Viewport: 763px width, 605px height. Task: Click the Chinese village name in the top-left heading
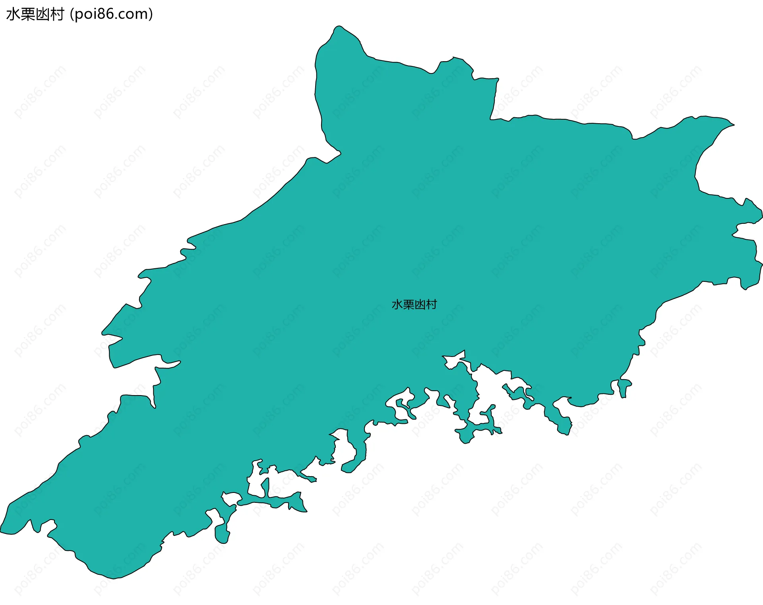click(x=35, y=14)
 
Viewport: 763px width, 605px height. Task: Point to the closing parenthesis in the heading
click(x=150, y=14)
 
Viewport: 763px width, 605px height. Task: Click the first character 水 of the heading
click(x=13, y=14)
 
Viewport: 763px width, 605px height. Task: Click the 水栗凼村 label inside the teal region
click(x=414, y=304)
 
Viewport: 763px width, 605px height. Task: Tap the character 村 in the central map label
click(x=431, y=304)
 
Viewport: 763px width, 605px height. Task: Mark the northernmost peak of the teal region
click(x=338, y=27)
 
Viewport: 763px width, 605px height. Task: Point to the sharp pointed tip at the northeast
click(x=733, y=124)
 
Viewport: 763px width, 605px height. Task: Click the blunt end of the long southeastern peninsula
click(x=564, y=431)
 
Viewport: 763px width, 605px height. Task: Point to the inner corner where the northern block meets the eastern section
click(x=491, y=118)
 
